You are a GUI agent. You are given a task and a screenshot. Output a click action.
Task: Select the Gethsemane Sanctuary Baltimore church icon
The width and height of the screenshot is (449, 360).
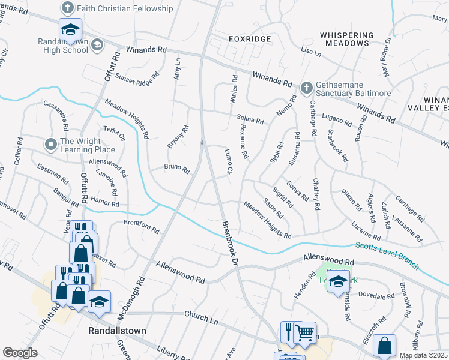(x=306, y=88)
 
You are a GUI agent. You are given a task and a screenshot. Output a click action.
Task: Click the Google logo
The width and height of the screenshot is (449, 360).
(x=20, y=353)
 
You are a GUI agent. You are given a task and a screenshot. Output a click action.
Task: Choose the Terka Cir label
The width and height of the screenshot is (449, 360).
(x=113, y=133)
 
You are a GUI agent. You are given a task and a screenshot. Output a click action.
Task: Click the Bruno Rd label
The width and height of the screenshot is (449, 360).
(x=176, y=169)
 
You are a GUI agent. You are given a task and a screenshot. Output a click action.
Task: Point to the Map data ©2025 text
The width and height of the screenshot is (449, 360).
(x=423, y=355)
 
